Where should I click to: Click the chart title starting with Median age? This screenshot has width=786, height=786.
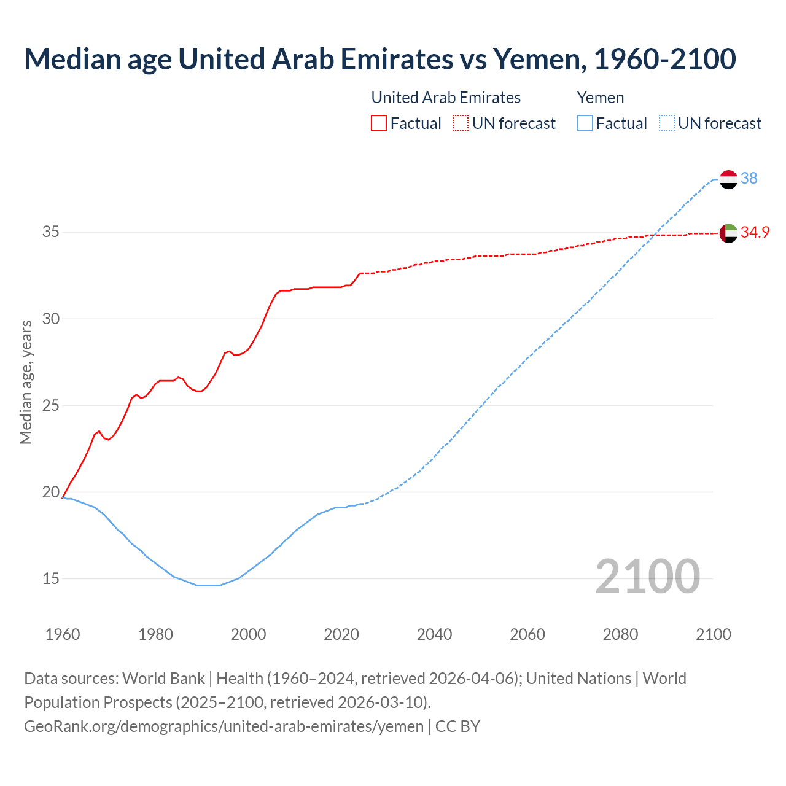[x=379, y=59]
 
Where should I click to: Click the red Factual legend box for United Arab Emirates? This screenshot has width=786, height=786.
[x=379, y=123]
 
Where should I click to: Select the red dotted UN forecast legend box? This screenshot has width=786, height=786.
[x=461, y=123]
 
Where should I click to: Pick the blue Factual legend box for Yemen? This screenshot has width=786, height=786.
[x=585, y=123]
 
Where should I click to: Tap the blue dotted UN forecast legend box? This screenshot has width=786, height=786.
[x=667, y=123]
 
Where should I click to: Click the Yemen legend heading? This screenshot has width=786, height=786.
[x=600, y=98]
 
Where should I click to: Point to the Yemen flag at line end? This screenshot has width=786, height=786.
[x=728, y=179]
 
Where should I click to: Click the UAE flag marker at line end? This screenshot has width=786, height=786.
[x=728, y=233]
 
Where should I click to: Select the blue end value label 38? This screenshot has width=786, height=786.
[x=749, y=178]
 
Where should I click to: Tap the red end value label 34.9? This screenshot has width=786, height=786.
[x=755, y=232]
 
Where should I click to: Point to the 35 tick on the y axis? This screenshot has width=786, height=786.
[x=51, y=232]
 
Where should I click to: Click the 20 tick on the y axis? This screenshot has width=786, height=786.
[x=51, y=492]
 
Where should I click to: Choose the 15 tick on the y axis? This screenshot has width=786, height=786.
[x=51, y=578]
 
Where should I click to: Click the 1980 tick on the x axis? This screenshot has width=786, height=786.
[x=155, y=634]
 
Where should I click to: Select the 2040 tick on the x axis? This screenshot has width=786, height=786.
[x=434, y=634]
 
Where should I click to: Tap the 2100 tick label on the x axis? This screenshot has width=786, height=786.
[x=713, y=634]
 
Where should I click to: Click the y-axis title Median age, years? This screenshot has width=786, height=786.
[x=26, y=382]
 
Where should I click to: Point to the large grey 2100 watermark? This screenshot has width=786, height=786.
[x=647, y=577]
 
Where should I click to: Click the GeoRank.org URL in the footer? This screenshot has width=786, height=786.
[x=224, y=726]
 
